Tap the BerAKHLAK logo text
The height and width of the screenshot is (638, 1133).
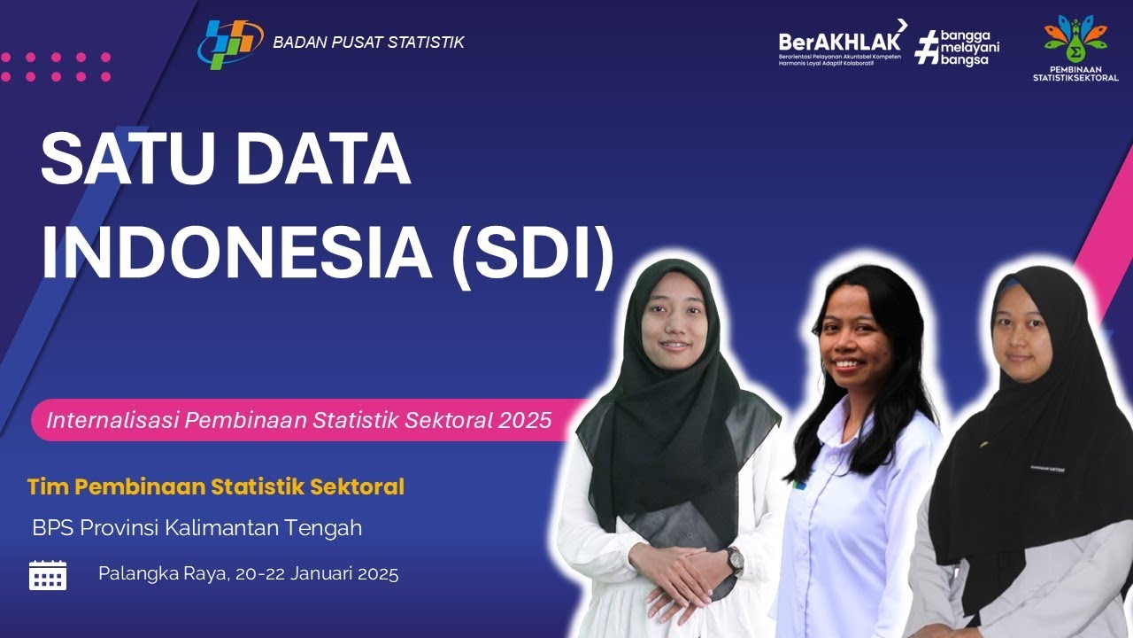pyautogui.click(x=840, y=41)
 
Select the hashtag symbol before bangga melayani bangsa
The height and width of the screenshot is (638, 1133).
pyautogui.click(x=926, y=47)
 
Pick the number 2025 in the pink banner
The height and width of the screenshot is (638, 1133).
pyautogui.click(x=525, y=420)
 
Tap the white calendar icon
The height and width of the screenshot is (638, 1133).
pyautogui.click(x=48, y=575)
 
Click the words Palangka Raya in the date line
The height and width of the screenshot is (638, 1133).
pyautogui.click(x=163, y=573)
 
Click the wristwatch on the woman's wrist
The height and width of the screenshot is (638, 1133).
pyautogui.click(x=735, y=559)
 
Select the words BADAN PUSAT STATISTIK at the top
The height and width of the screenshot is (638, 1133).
pyautogui.click(x=368, y=42)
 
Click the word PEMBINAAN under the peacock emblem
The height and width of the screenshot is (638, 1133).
pyautogui.click(x=1075, y=68)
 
